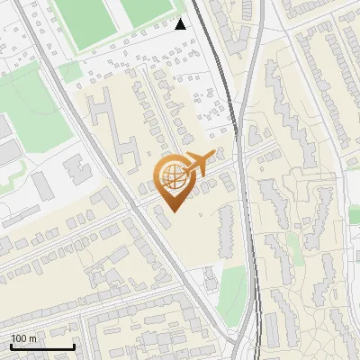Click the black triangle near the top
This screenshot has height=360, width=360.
[x=181, y=24]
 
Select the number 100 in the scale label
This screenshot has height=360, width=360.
[x=20, y=337]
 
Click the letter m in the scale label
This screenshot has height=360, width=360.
[x=33, y=337]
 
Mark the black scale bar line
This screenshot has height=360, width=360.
[x=42, y=346]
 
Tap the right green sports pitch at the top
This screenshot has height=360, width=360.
[x=147, y=9]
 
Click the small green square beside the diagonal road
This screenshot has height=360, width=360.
[x=70, y=70]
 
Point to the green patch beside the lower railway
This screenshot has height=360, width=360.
[x=231, y=292]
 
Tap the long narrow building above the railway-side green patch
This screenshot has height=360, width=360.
[x=225, y=225]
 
